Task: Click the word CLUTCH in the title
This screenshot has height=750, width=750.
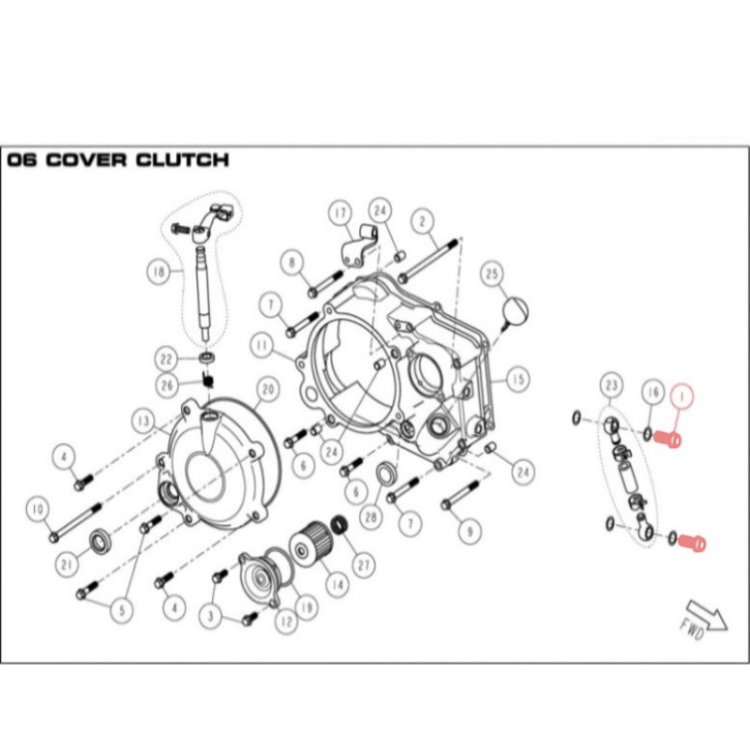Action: point(182,159)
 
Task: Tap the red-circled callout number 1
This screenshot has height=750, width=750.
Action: point(682,397)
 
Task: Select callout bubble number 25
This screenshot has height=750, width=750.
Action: point(491,274)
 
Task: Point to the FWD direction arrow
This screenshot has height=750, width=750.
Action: point(704,621)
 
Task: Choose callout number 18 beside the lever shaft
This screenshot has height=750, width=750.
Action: point(158,272)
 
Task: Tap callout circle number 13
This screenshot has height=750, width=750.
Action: point(143,421)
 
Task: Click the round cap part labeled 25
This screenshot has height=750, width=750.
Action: point(516,310)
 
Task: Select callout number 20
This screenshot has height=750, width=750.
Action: point(268,390)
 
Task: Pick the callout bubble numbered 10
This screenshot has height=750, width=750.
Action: point(38,510)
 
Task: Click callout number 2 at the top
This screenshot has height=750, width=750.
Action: point(423,221)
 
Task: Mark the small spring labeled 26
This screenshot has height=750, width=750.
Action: point(207,381)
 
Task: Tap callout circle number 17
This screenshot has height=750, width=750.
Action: point(340,214)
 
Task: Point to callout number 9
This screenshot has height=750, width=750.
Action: point(470,532)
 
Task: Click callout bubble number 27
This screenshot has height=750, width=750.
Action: point(364,566)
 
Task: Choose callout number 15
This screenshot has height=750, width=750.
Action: point(518,380)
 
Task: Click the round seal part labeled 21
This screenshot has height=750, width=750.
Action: point(101,543)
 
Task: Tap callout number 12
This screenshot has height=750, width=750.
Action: point(287,622)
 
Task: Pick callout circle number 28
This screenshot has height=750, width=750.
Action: point(371,517)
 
